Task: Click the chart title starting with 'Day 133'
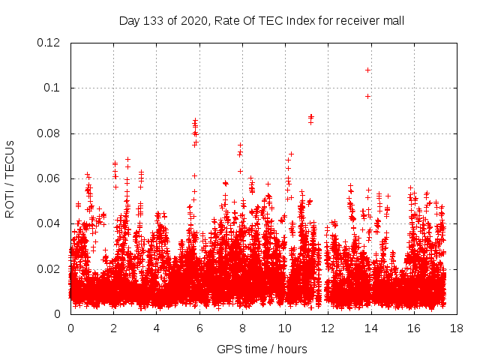click(262, 20)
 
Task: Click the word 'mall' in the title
click(393, 20)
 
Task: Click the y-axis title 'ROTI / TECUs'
click(10, 178)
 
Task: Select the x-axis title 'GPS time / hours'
click(262, 349)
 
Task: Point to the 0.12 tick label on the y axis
click(50, 43)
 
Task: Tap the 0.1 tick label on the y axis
click(54, 88)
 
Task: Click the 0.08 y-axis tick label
click(50, 133)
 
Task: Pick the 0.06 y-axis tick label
click(50, 178)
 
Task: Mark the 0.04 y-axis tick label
click(50, 223)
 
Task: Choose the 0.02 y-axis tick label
click(50, 269)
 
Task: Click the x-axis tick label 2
click(113, 328)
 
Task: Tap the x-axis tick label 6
click(199, 328)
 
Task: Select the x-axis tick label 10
click(285, 328)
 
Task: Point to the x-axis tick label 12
click(328, 328)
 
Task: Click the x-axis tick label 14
click(370, 328)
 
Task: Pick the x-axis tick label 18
click(456, 328)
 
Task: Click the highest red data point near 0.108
click(367, 70)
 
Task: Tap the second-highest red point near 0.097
click(367, 96)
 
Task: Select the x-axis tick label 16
click(413, 328)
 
